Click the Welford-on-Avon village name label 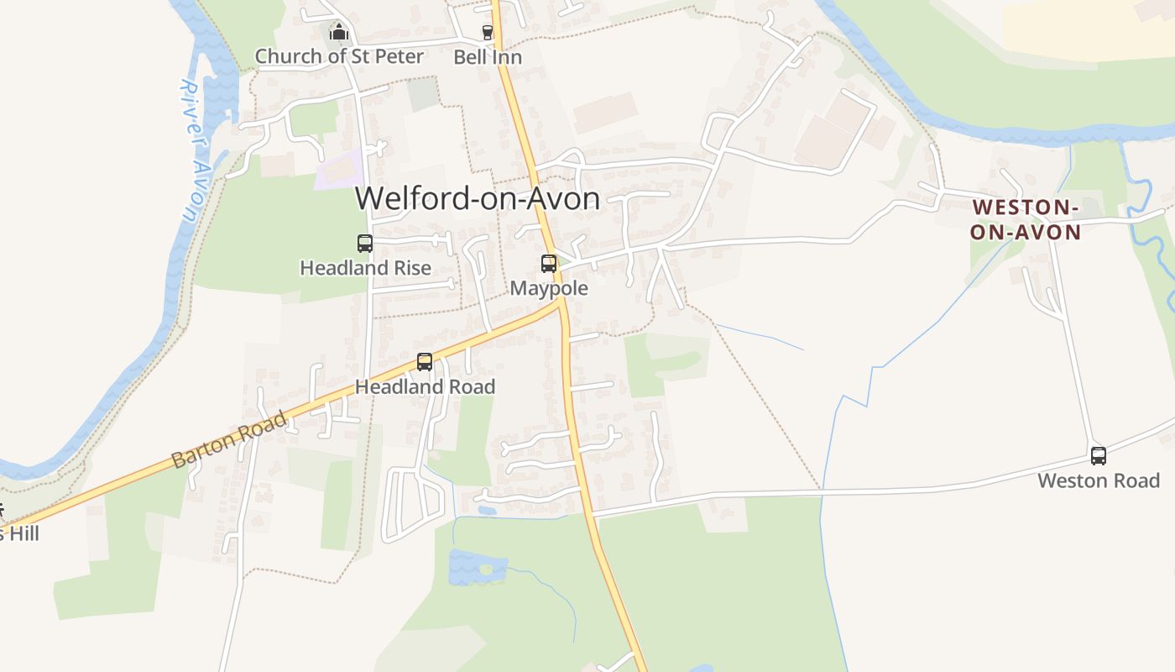[x=477, y=199]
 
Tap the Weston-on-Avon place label [x=1026, y=219]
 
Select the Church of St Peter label [x=339, y=56]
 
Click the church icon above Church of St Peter [x=339, y=33]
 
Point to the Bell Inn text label [x=488, y=57]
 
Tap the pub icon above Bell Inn [x=488, y=33]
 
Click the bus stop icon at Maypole [x=549, y=264]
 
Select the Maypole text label [x=549, y=288]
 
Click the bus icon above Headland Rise [x=365, y=244]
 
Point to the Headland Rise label [x=365, y=268]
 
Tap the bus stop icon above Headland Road [x=425, y=362]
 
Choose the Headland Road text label [x=425, y=386]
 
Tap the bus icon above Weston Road [x=1098, y=456]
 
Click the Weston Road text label [x=1098, y=480]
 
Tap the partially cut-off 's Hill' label [x=18, y=533]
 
